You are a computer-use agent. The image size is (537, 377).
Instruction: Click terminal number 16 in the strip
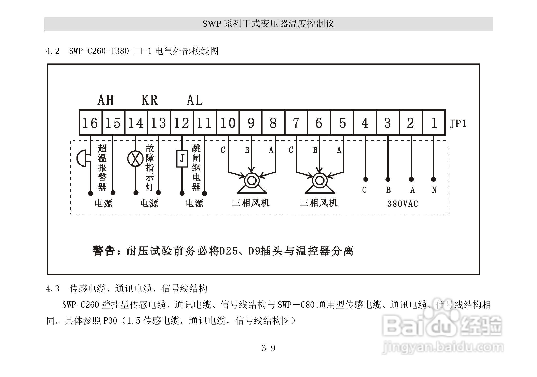click(90, 123)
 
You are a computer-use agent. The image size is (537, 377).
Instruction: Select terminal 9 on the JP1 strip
click(251, 123)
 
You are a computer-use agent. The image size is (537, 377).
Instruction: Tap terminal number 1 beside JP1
click(434, 123)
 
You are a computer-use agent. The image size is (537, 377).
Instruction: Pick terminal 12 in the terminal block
click(181, 123)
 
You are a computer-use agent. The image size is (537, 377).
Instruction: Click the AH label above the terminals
click(105, 100)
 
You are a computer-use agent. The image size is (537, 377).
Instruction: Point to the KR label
click(149, 100)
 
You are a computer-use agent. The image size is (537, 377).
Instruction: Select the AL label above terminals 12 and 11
click(194, 100)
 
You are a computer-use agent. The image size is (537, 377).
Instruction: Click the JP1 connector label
click(458, 124)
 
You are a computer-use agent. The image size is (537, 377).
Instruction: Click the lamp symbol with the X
click(135, 158)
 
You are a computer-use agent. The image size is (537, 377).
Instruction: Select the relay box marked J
click(182, 158)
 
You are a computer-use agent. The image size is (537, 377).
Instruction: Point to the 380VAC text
click(403, 204)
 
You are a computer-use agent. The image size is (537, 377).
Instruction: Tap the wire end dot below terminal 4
click(366, 179)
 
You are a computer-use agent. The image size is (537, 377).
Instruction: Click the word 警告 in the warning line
click(103, 251)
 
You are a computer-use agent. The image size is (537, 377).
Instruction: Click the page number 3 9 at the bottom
click(268, 348)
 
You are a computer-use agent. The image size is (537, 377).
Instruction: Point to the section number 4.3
click(53, 289)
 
